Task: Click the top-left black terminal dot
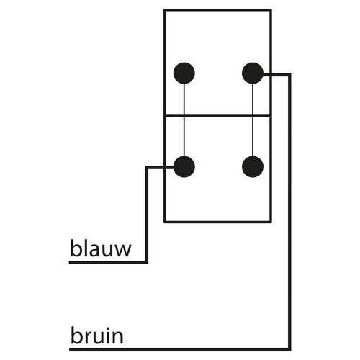point(184,73)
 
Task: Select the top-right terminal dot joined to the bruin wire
point(253,73)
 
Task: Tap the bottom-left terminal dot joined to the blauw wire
point(184,167)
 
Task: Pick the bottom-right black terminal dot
point(253,167)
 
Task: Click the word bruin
point(97,334)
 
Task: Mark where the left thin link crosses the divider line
point(184,116)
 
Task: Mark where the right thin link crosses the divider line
point(253,116)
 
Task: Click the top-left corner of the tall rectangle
point(165,10)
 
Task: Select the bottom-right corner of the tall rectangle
point(271,222)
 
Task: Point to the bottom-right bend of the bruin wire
point(289,349)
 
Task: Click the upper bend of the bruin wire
point(289,75)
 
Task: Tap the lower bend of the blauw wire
point(147,263)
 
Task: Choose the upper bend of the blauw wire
point(147,167)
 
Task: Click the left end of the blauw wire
point(69,263)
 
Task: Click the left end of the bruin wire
point(70,349)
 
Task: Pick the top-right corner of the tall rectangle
point(271,10)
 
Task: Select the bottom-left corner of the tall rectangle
point(165,222)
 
